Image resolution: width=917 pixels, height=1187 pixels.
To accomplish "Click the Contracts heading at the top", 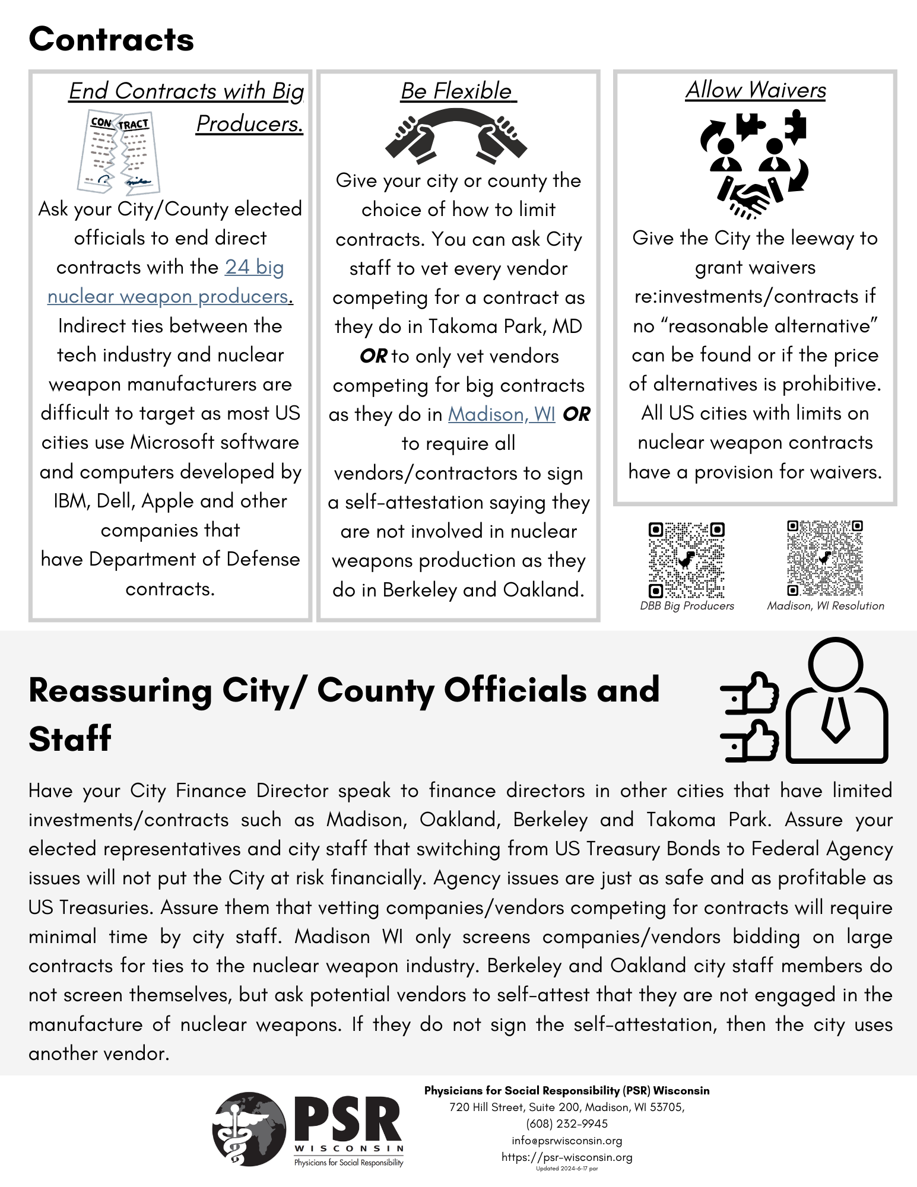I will [111, 40].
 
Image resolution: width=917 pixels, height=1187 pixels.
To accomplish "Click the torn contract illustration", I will [119, 153].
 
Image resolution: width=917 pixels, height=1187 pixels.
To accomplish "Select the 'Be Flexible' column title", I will [458, 91].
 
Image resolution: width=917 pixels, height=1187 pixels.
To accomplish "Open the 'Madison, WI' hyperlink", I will [502, 414].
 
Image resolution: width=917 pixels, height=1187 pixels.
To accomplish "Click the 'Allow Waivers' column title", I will [755, 90].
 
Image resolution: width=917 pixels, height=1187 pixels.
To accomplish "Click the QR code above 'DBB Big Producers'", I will [687, 560].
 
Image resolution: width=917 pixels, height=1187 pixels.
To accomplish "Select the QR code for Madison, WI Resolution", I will [824, 558].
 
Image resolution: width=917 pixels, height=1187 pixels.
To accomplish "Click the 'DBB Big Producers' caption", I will [687, 606].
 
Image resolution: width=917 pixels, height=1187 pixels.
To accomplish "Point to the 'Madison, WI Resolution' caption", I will [825, 606].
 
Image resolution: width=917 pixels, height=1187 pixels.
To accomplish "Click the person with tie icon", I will [836, 700].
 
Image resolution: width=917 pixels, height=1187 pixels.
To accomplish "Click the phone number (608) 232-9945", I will [567, 1124].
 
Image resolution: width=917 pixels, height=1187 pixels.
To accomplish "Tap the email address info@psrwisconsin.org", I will [567, 1141].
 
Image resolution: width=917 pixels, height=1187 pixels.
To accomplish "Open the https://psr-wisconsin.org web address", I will [567, 1157].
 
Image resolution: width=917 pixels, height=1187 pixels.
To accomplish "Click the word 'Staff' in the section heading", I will [70, 739].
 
